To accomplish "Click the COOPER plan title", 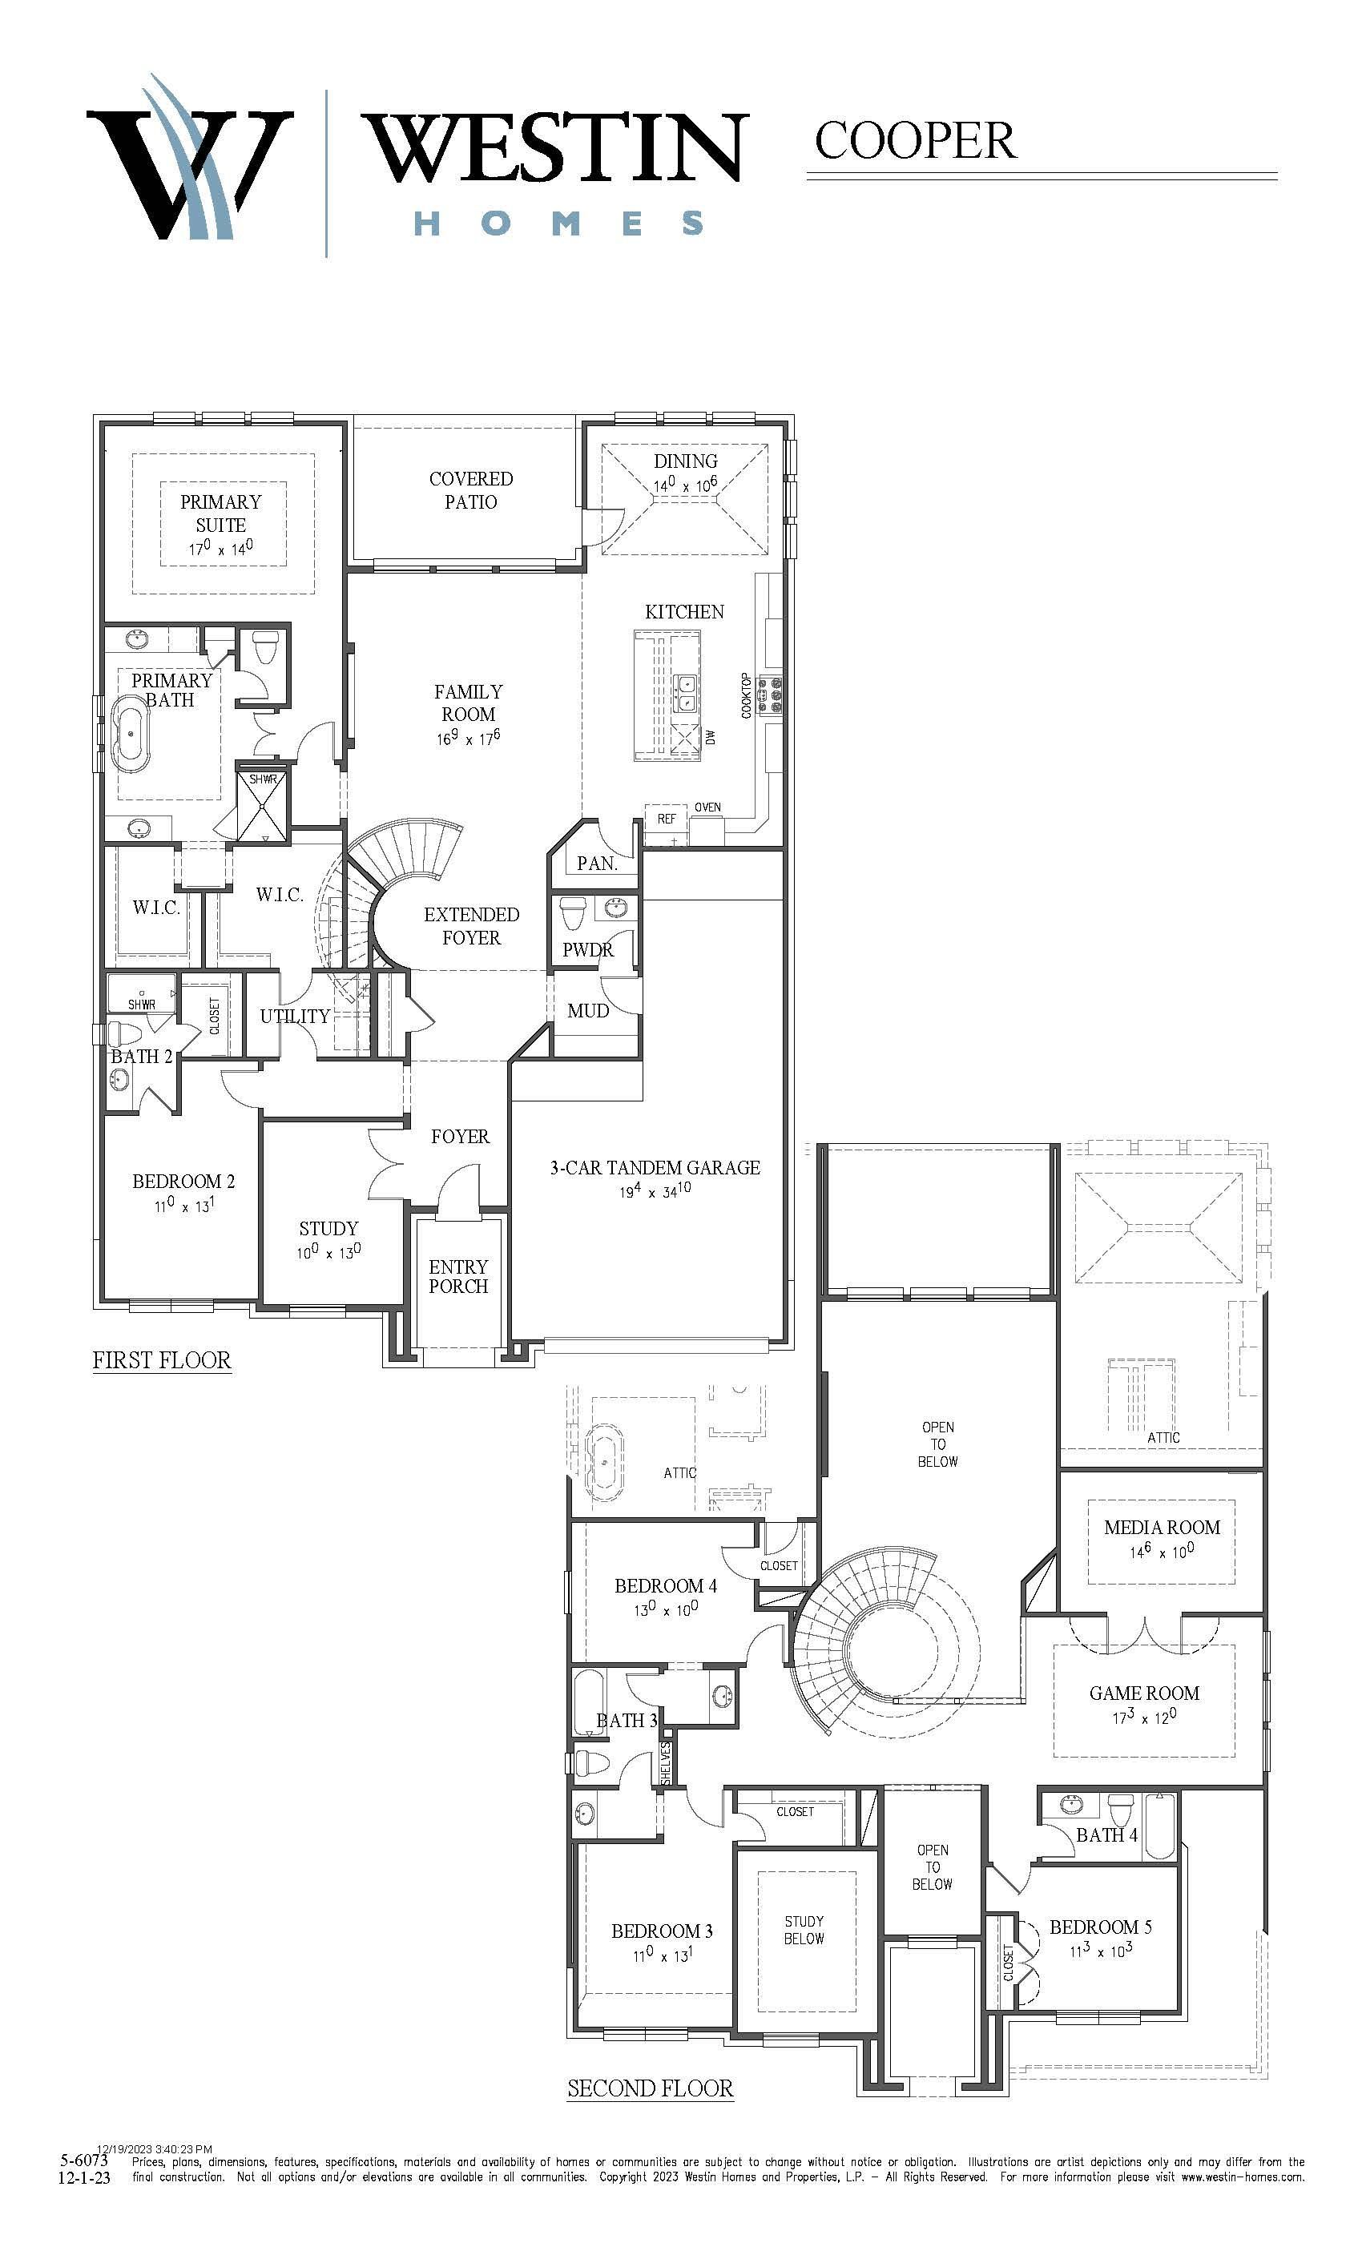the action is pos(915,140).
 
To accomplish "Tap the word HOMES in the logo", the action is pos(559,223).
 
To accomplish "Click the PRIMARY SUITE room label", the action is pos(220,513).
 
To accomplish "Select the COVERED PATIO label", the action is pos(471,489).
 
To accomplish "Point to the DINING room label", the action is pos(686,461).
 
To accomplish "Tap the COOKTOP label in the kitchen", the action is pos(747,695).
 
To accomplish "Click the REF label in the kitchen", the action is pos(667,819).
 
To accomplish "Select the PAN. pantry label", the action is pos(597,863).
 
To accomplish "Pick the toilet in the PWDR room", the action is pos(574,912).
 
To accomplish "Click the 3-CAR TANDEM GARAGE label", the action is pos(655,1168).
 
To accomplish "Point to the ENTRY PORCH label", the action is pos(458,1276).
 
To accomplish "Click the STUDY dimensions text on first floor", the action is pos(328,1251).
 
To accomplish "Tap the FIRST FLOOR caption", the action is pos(162,1360).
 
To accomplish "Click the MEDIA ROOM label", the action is pos(1162,1528).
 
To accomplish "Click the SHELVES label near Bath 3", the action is pos(666,1763).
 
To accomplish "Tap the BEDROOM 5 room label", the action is pos(1101,1927).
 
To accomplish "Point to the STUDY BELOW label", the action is pos(804,1930).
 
